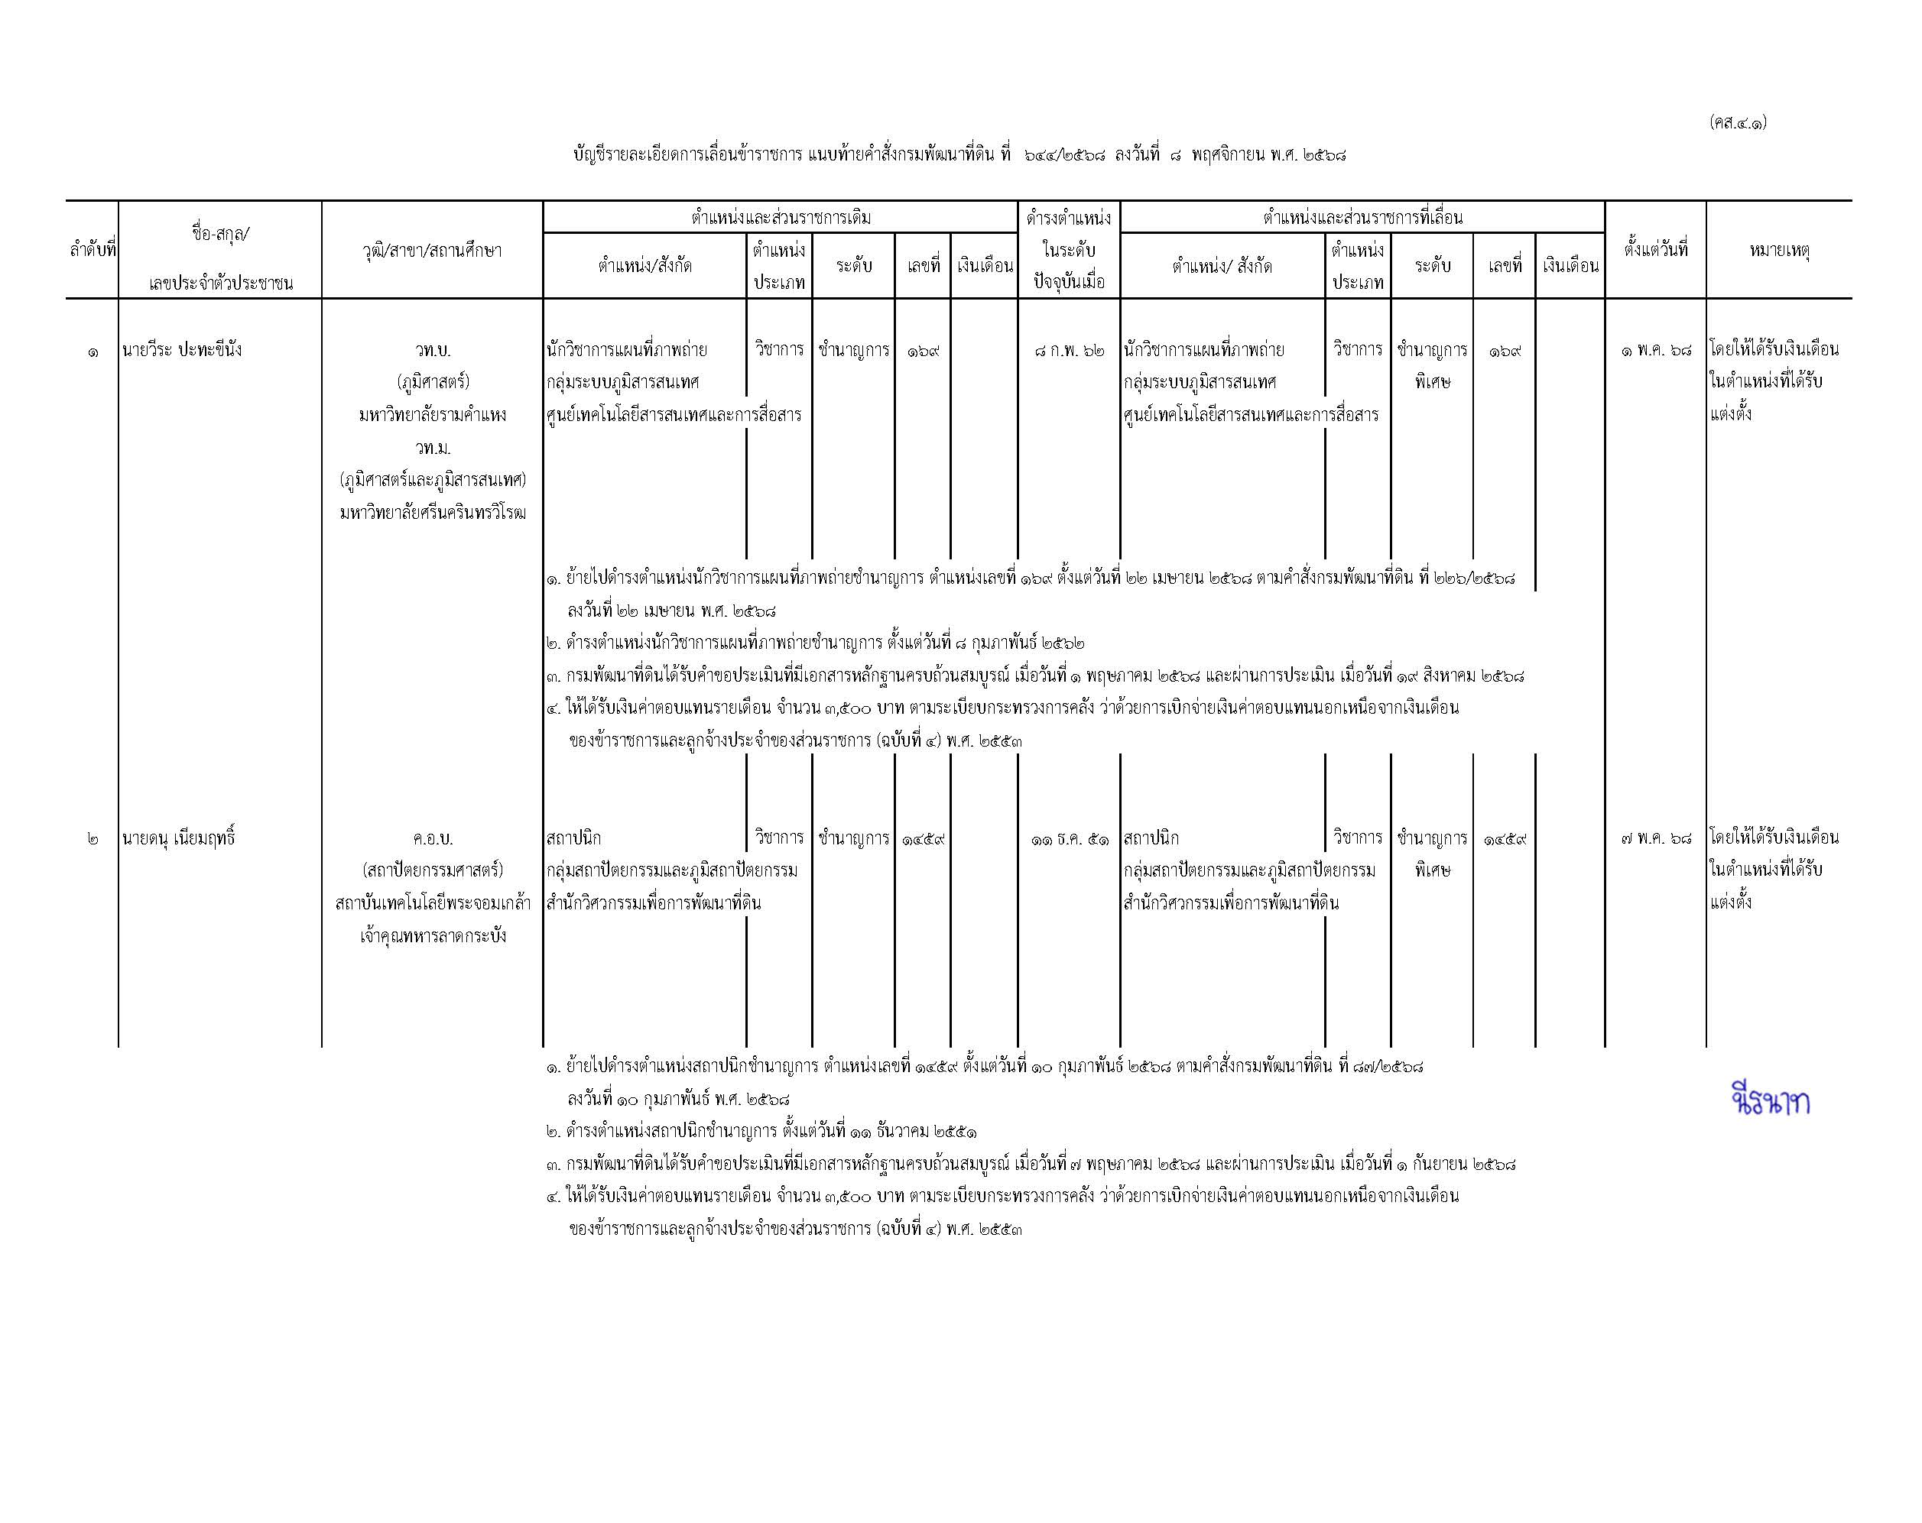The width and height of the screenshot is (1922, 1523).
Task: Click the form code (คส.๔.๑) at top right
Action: (x=1738, y=123)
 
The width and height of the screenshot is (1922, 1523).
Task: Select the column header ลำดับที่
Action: (x=93, y=251)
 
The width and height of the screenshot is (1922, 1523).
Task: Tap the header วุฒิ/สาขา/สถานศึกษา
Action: (x=433, y=251)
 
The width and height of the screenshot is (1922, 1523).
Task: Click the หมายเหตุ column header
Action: (x=1778, y=251)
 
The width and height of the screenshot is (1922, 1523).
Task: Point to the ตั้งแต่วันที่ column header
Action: (x=1655, y=251)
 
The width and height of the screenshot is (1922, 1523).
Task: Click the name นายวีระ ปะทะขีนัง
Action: (x=182, y=350)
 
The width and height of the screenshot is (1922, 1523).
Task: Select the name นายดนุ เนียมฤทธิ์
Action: (x=178, y=838)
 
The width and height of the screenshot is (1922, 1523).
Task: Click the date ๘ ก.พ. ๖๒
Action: (x=1069, y=350)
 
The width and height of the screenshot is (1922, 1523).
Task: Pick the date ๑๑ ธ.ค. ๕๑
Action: (x=1069, y=838)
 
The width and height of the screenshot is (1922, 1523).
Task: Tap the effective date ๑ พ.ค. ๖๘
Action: (x=1655, y=350)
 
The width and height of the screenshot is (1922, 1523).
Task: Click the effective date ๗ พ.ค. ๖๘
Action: (x=1655, y=838)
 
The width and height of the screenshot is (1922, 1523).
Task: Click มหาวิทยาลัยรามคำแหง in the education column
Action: (x=433, y=415)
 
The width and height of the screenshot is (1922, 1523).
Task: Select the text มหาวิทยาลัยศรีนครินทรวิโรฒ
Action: (x=433, y=514)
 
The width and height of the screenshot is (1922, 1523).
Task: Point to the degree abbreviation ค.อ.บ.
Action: (x=433, y=838)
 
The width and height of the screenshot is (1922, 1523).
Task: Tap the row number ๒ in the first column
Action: (x=93, y=838)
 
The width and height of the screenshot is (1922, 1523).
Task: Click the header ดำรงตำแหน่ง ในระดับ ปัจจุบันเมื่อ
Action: (x=1069, y=251)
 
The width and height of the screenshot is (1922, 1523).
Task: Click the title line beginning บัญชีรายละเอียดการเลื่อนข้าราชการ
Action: (x=959, y=155)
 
